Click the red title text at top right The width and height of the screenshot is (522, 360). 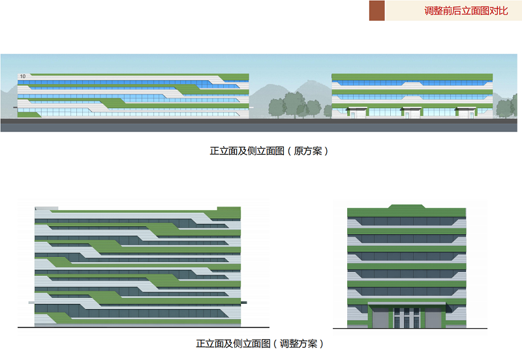coord(466,10)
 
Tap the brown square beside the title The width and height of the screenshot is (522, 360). coord(376,10)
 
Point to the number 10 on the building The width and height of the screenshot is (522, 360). coord(23,77)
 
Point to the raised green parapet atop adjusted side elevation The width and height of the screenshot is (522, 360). coord(407,207)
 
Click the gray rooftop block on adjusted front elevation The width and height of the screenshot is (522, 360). coord(46,209)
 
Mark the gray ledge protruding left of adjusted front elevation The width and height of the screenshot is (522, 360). coord(32,303)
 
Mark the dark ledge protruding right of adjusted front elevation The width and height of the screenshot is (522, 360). coord(244,303)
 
